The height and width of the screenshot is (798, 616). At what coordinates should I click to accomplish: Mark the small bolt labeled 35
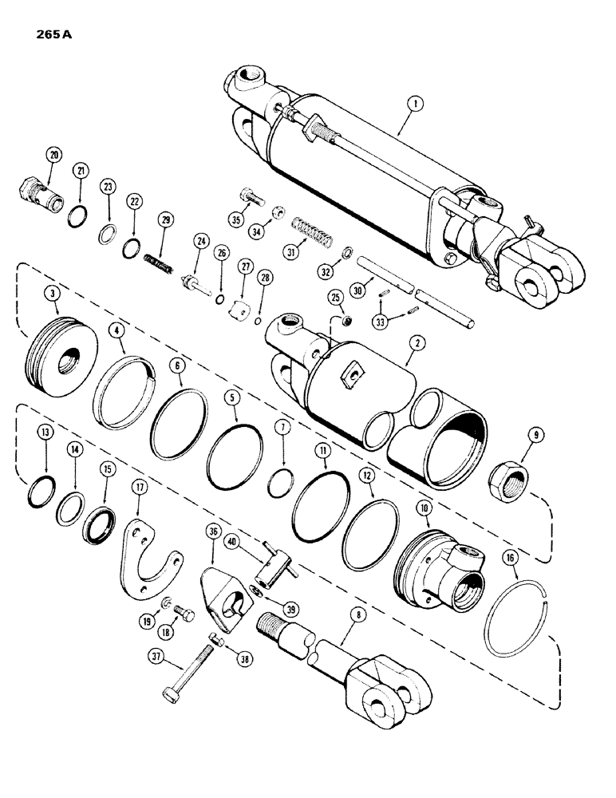pos(239,196)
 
